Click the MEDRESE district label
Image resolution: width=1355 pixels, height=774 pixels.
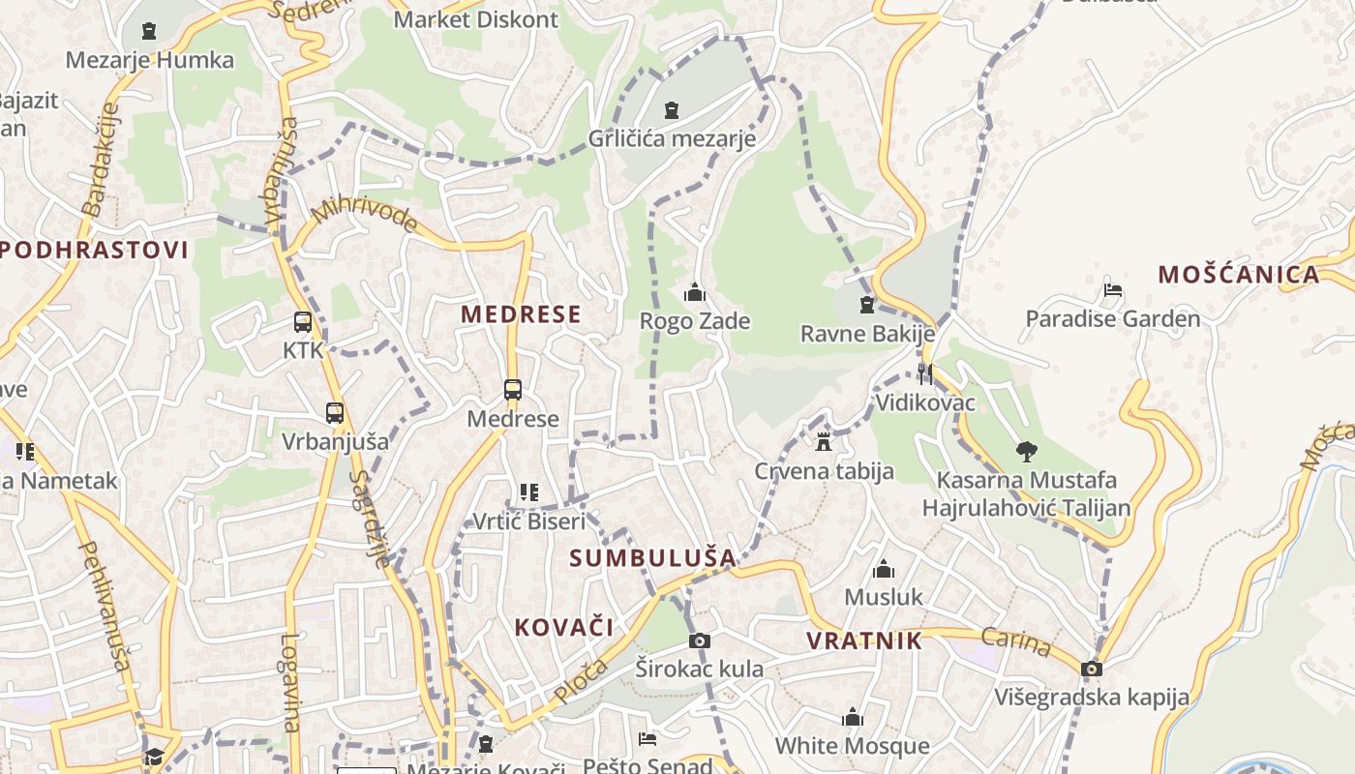point(521,313)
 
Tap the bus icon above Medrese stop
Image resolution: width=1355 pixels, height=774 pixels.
point(513,390)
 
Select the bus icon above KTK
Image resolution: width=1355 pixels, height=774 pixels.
point(303,322)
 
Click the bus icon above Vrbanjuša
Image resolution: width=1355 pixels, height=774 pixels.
point(335,413)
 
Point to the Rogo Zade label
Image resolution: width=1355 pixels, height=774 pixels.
point(695,320)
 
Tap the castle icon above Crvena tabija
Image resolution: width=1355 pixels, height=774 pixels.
point(824,442)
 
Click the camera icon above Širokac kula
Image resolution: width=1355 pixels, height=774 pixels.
point(699,640)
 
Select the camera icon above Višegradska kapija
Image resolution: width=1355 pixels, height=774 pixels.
point(1092,669)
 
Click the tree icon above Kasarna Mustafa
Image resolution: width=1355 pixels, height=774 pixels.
point(1026,451)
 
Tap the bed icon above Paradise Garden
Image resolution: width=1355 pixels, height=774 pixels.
point(1113,289)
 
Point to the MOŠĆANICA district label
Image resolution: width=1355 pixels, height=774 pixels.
point(1239,275)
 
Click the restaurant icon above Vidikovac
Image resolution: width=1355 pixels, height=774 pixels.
point(925,373)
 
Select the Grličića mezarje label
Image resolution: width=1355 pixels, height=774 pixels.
point(672,138)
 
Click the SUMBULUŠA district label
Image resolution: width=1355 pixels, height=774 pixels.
point(652,558)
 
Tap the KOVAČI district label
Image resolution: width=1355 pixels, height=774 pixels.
point(564,627)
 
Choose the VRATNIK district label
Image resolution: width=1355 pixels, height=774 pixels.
point(864,640)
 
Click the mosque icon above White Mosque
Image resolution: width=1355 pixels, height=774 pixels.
point(853,717)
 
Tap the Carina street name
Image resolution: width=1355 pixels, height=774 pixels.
point(1016,641)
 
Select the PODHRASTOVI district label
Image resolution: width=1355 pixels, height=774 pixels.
point(94,250)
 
